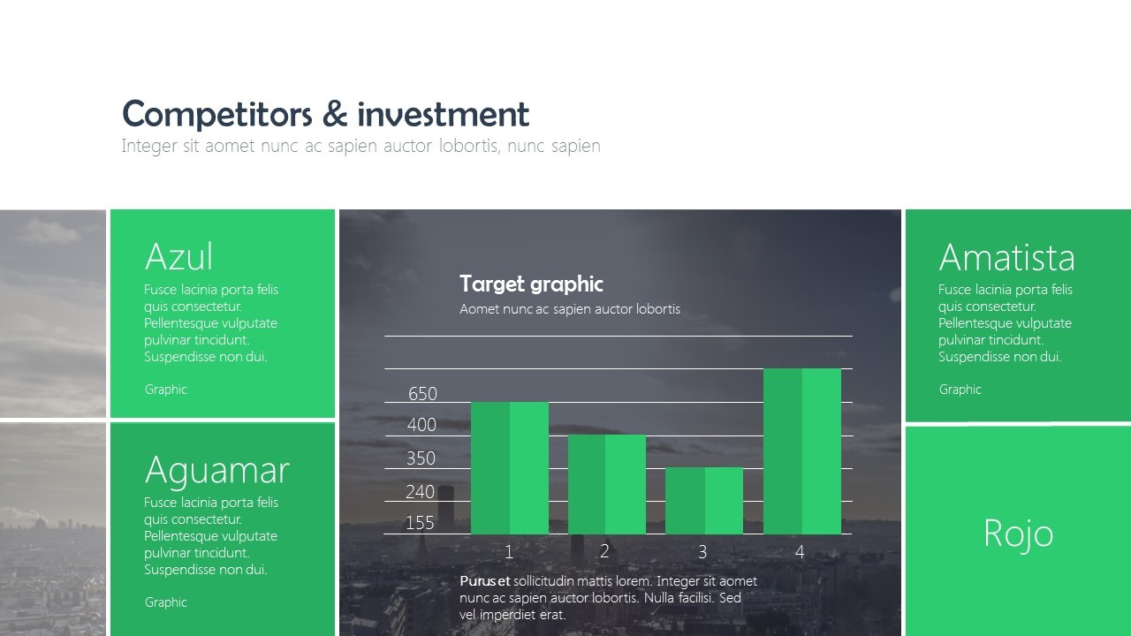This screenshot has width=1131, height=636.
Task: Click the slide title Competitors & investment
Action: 325,115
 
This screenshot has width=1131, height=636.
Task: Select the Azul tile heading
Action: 178,257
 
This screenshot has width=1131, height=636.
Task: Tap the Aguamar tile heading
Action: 216,470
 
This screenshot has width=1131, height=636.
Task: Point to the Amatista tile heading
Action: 1006,258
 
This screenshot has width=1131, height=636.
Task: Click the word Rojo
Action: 1018,534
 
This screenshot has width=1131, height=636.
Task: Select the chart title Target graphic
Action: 531,284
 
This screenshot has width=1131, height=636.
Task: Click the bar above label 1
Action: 510,468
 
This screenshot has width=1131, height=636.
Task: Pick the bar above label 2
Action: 606,484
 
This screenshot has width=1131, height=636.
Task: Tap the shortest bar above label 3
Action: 703,501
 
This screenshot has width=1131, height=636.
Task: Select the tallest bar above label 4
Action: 801,450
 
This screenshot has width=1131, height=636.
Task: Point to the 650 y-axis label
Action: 422,394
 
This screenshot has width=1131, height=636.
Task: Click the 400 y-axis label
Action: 421,425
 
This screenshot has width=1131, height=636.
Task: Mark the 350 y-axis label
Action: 421,458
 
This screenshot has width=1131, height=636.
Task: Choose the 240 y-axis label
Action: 420,492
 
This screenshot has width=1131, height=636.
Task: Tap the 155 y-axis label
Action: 420,523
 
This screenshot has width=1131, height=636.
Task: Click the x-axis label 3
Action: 702,552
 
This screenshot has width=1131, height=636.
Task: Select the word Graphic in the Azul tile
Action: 166,390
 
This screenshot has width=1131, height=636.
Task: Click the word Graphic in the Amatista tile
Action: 960,390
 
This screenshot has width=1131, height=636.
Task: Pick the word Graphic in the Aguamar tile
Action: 166,602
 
